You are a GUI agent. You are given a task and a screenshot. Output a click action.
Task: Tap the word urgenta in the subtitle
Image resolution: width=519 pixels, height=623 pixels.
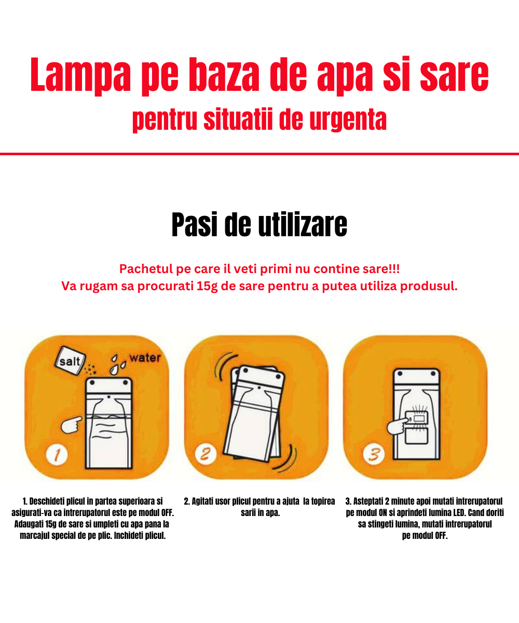[348, 120]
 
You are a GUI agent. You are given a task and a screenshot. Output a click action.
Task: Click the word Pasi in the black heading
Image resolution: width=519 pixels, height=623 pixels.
[194, 225]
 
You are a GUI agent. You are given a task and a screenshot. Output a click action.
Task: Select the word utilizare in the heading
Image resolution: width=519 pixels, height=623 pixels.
[303, 225]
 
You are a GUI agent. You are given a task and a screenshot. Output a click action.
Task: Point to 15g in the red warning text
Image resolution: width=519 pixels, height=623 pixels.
[207, 286]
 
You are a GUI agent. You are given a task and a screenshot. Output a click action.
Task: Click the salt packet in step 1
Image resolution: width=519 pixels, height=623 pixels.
[70, 360]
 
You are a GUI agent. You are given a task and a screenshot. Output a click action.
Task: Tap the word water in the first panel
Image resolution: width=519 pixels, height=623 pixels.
[145, 358]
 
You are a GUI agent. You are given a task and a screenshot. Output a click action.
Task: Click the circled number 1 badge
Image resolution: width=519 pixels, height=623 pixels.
[57, 455]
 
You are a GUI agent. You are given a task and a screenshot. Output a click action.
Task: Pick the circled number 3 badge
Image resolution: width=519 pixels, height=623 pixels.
[374, 454]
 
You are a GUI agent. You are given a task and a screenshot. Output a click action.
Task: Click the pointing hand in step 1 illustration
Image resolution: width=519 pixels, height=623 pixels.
[71, 425]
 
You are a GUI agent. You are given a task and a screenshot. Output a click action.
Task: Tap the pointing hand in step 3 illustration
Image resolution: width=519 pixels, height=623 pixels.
[398, 426]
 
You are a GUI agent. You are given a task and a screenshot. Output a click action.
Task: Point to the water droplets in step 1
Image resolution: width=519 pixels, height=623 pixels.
[117, 364]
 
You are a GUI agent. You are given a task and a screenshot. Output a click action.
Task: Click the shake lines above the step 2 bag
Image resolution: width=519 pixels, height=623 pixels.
[224, 366]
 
